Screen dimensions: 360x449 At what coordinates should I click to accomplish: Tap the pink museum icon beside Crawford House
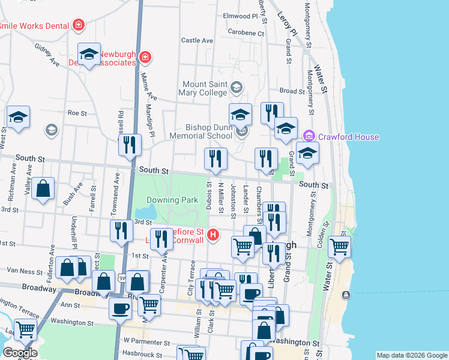click(x=309, y=137)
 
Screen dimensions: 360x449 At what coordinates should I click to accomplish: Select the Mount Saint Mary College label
click(x=204, y=88)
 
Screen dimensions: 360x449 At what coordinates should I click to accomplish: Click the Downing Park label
click(x=172, y=200)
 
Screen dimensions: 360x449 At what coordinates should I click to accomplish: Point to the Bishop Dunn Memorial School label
click(x=208, y=131)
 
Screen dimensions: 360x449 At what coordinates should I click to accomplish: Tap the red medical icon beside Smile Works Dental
click(x=77, y=25)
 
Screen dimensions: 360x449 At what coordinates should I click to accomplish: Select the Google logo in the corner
click(x=19, y=353)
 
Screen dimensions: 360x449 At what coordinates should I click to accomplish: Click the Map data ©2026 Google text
click(x=411, y=355)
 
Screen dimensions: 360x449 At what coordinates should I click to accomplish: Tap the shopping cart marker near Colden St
click(x=340, y=245)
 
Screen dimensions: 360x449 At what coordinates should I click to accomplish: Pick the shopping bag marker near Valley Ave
click(x=43, y=188)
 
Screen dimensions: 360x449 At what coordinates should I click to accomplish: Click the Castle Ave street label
click(x=197, y=41)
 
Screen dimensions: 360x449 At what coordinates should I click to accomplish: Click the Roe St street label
click(x=77, y=113)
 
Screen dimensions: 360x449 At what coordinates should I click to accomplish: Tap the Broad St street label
click(x=292, y=91)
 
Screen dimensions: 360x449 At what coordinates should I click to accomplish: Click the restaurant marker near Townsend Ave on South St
click(x=129, y=144)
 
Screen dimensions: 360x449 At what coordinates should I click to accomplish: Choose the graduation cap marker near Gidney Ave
click(x=89, y=54)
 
